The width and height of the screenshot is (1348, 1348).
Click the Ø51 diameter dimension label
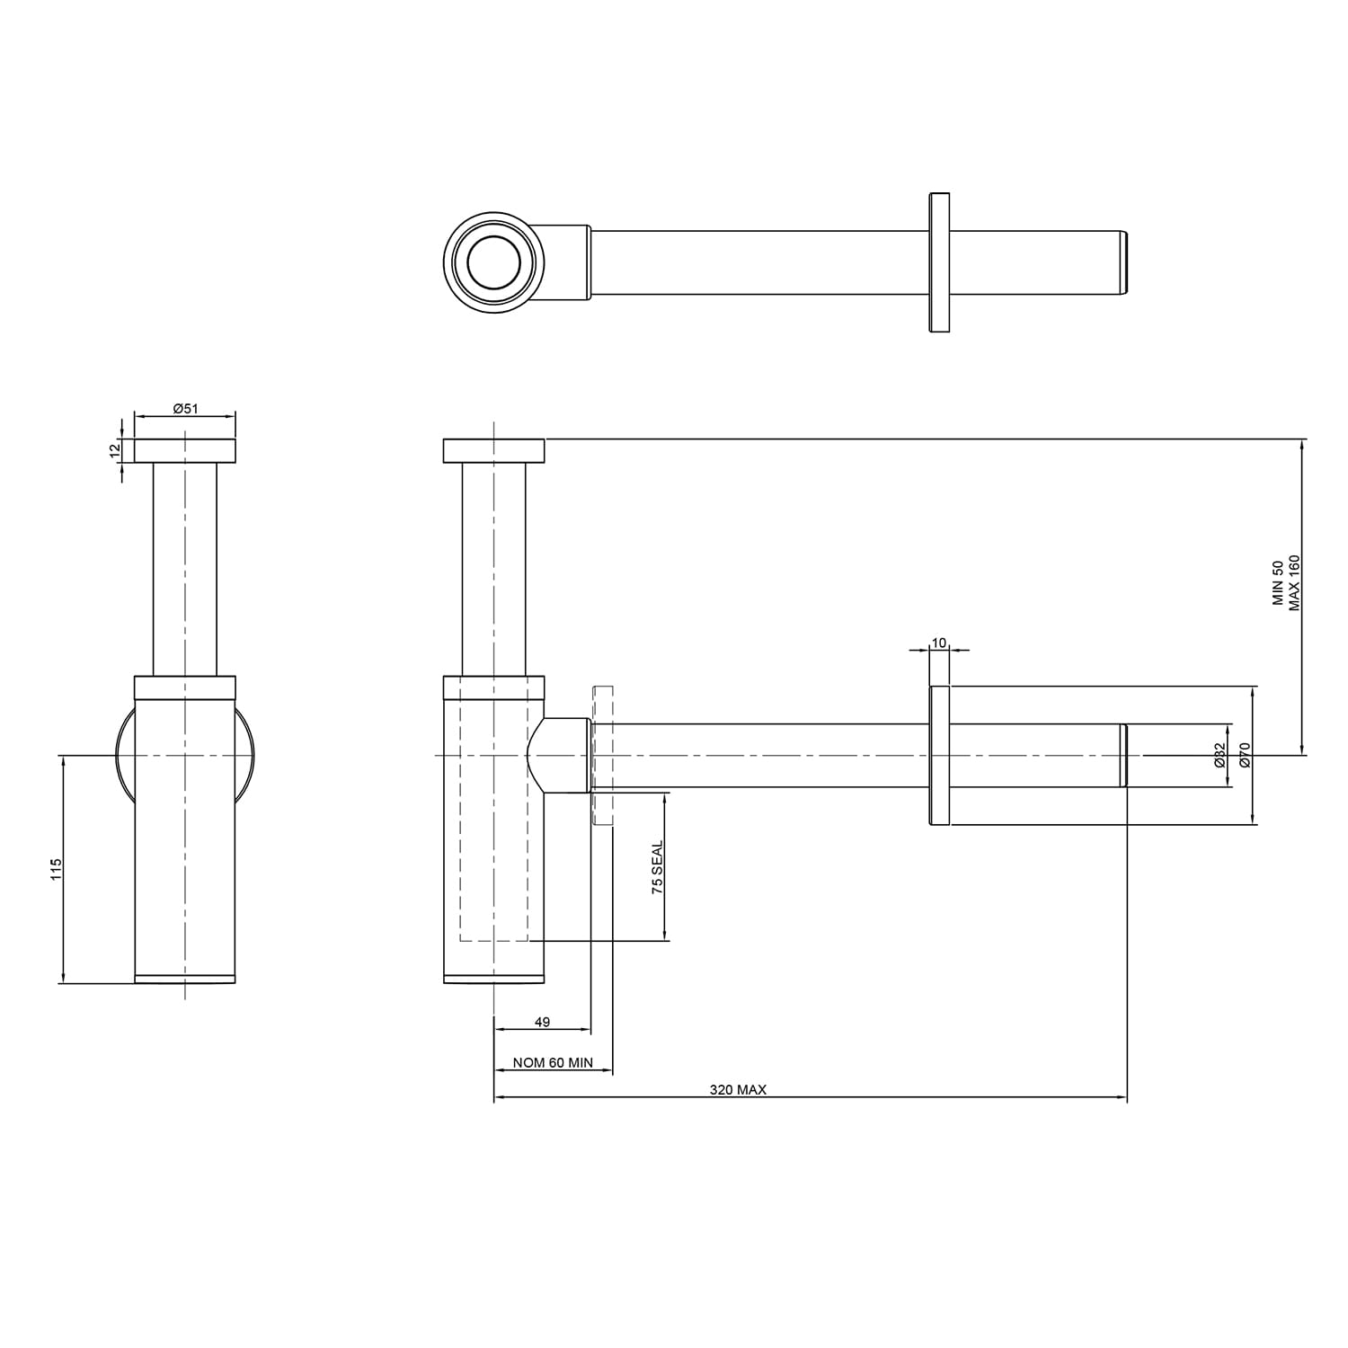[x=185, y=408]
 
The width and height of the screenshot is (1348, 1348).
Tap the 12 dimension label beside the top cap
[x=114, y=450]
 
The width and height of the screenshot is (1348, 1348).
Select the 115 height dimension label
[x=56, y=869]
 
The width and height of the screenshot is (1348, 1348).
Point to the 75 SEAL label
[x=657, y=867]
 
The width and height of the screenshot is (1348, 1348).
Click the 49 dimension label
[x=542, y=1022]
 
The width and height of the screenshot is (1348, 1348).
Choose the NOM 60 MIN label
[x=553, y=1062]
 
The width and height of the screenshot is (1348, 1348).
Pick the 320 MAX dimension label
[x=738, y=1089]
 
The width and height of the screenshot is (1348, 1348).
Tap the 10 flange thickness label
[x=939, y=643]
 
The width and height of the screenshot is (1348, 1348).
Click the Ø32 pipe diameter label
[x=1219, y=755]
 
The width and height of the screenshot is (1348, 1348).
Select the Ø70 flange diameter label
[x=1245, y=755]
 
